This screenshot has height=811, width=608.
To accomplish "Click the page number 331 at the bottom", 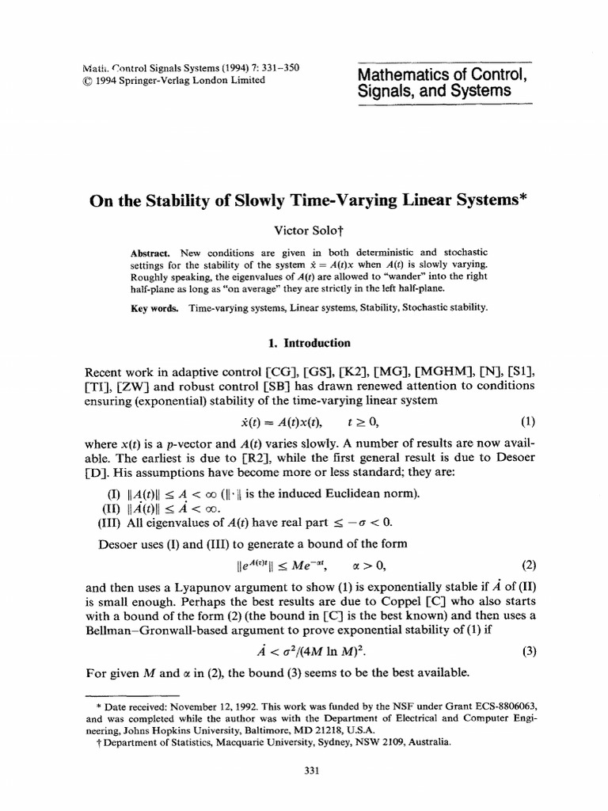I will click(x=304, y=775).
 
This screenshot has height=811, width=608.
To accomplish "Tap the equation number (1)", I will click(x=528, y=421).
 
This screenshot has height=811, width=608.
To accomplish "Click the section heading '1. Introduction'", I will click(x=304, y=342).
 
